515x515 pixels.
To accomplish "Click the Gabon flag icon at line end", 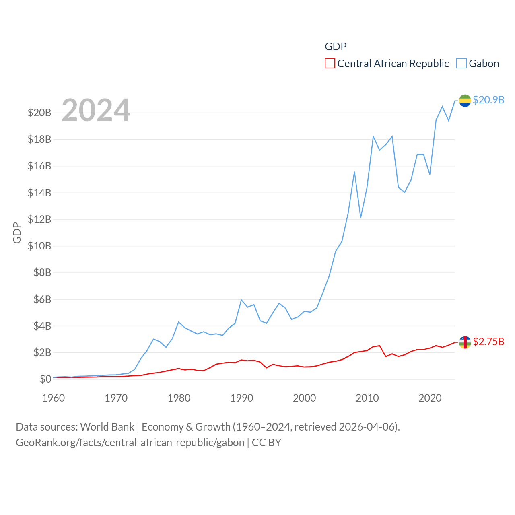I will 465,101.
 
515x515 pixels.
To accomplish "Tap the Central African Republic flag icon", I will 465,342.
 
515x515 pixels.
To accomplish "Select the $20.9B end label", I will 488,100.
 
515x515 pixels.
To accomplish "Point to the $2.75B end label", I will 488,342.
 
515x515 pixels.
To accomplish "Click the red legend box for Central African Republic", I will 330,64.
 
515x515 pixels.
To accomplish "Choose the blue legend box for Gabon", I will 461,64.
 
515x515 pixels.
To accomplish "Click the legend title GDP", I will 336,47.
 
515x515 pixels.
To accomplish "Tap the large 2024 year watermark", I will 96,110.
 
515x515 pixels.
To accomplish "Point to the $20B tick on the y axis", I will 39,113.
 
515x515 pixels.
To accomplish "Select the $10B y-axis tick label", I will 39,246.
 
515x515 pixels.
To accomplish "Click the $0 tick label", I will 45,379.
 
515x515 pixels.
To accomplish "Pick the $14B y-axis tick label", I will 39,193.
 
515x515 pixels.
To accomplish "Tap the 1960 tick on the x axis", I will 54,398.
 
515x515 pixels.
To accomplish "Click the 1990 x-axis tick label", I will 242,398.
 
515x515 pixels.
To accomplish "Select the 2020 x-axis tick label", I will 430,398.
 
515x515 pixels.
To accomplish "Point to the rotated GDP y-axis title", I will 17,233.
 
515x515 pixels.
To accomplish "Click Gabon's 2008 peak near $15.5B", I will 354,172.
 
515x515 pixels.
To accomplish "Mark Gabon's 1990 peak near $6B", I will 241,300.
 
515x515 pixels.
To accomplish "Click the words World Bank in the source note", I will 107,426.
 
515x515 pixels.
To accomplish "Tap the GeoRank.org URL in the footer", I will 130,443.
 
